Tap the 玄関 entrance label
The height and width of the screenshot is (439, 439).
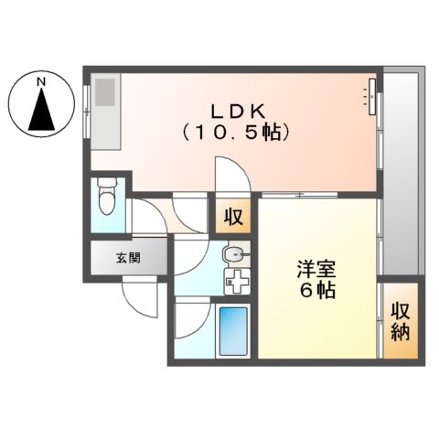pyautogui.click(x=128, y=257)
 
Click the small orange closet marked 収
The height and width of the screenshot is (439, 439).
pyautogui.click(x=234, y=218)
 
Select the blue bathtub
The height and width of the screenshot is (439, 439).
pyautogui.click(x=234, y=331)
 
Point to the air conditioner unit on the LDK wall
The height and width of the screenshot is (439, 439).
pyautogui.click(x=373, y=95)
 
